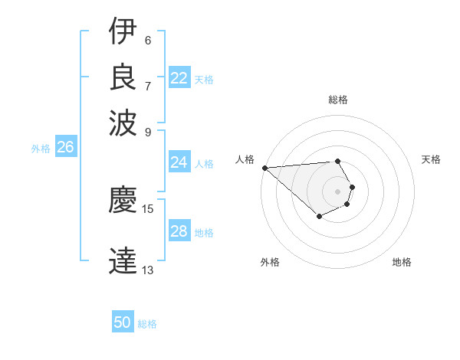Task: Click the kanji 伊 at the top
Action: [123, 31]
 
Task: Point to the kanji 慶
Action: [123, 201]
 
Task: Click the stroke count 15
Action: [148, 208]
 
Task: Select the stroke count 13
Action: [148, 270]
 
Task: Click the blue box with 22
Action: [179, 78]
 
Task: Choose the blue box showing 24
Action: [179, 162]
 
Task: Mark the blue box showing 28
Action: [179, 231]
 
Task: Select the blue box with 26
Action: [65, 148]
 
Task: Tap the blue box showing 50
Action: [123, 322]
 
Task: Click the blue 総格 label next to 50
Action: [147, 324]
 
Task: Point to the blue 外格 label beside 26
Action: [40, 149]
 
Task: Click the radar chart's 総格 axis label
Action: [337, 100]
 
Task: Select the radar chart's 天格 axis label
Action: [431, 159]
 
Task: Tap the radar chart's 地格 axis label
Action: [402, 262]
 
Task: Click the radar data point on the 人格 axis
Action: [264, 168]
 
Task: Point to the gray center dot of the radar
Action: [337, 191]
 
